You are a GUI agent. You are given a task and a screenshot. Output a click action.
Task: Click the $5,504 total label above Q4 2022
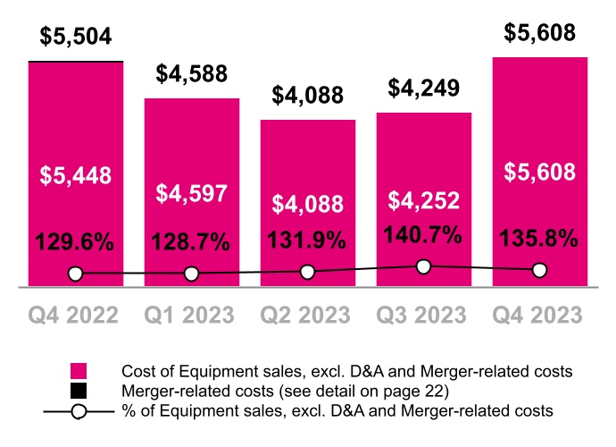75,37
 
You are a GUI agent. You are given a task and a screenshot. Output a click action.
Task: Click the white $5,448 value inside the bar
75,175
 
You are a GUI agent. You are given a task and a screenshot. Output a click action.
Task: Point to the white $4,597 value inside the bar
191,194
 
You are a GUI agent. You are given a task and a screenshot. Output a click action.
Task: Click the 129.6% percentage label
75,242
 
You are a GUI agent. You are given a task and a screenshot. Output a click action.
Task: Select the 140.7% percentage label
423,235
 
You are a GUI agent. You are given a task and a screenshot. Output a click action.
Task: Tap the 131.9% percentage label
307,242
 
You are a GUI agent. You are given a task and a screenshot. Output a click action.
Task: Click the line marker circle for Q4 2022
75,274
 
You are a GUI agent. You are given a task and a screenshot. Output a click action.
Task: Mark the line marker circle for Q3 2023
423,266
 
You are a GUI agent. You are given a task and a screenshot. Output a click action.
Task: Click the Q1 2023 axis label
191,316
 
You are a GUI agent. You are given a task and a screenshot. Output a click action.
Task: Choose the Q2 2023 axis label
307,316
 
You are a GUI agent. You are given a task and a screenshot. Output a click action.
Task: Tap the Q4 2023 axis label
539,316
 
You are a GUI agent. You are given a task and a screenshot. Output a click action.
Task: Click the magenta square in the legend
79,371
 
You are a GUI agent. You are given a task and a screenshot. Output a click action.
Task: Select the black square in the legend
79,391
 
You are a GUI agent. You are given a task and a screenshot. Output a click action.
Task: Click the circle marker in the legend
79,411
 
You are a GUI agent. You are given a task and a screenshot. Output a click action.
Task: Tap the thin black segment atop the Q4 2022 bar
75,62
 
